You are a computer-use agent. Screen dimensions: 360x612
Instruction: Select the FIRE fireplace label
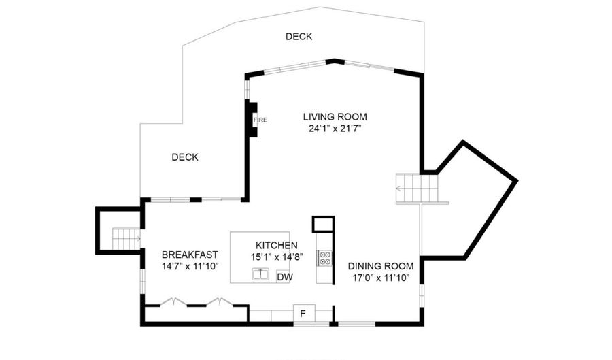(260, 120)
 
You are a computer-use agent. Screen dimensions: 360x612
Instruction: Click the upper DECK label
(299, 37)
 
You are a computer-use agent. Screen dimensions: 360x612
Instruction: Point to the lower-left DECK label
(184, 157)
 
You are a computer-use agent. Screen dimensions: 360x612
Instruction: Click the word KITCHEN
(276, 245)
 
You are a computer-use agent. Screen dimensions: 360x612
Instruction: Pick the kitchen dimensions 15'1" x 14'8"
(277, 257)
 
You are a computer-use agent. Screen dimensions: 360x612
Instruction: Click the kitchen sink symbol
(260, 274)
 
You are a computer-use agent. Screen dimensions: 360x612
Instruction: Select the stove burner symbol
(325, 258)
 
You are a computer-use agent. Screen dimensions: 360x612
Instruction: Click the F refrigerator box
(303, 313)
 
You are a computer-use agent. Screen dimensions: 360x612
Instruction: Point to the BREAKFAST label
(190, 255)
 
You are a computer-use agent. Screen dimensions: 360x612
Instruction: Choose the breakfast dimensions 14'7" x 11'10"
(190, 266)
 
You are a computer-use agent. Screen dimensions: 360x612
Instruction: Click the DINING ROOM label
(381, 266)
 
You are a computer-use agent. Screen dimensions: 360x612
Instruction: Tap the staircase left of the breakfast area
(125, 239)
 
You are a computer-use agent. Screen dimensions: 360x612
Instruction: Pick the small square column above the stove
(323, 224)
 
